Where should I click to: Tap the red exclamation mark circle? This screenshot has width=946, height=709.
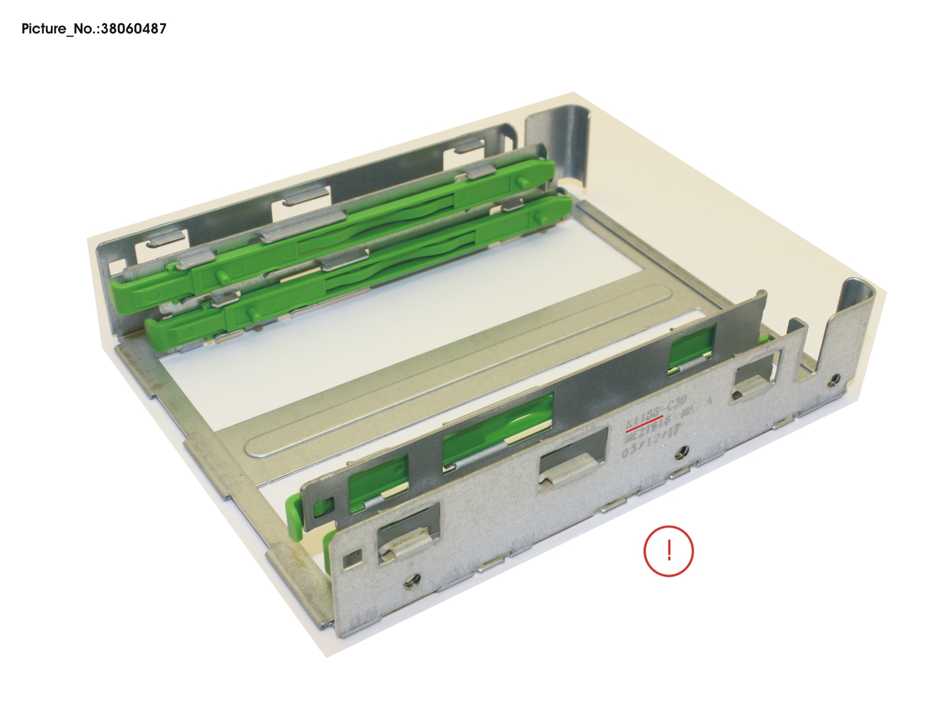point(668,551)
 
